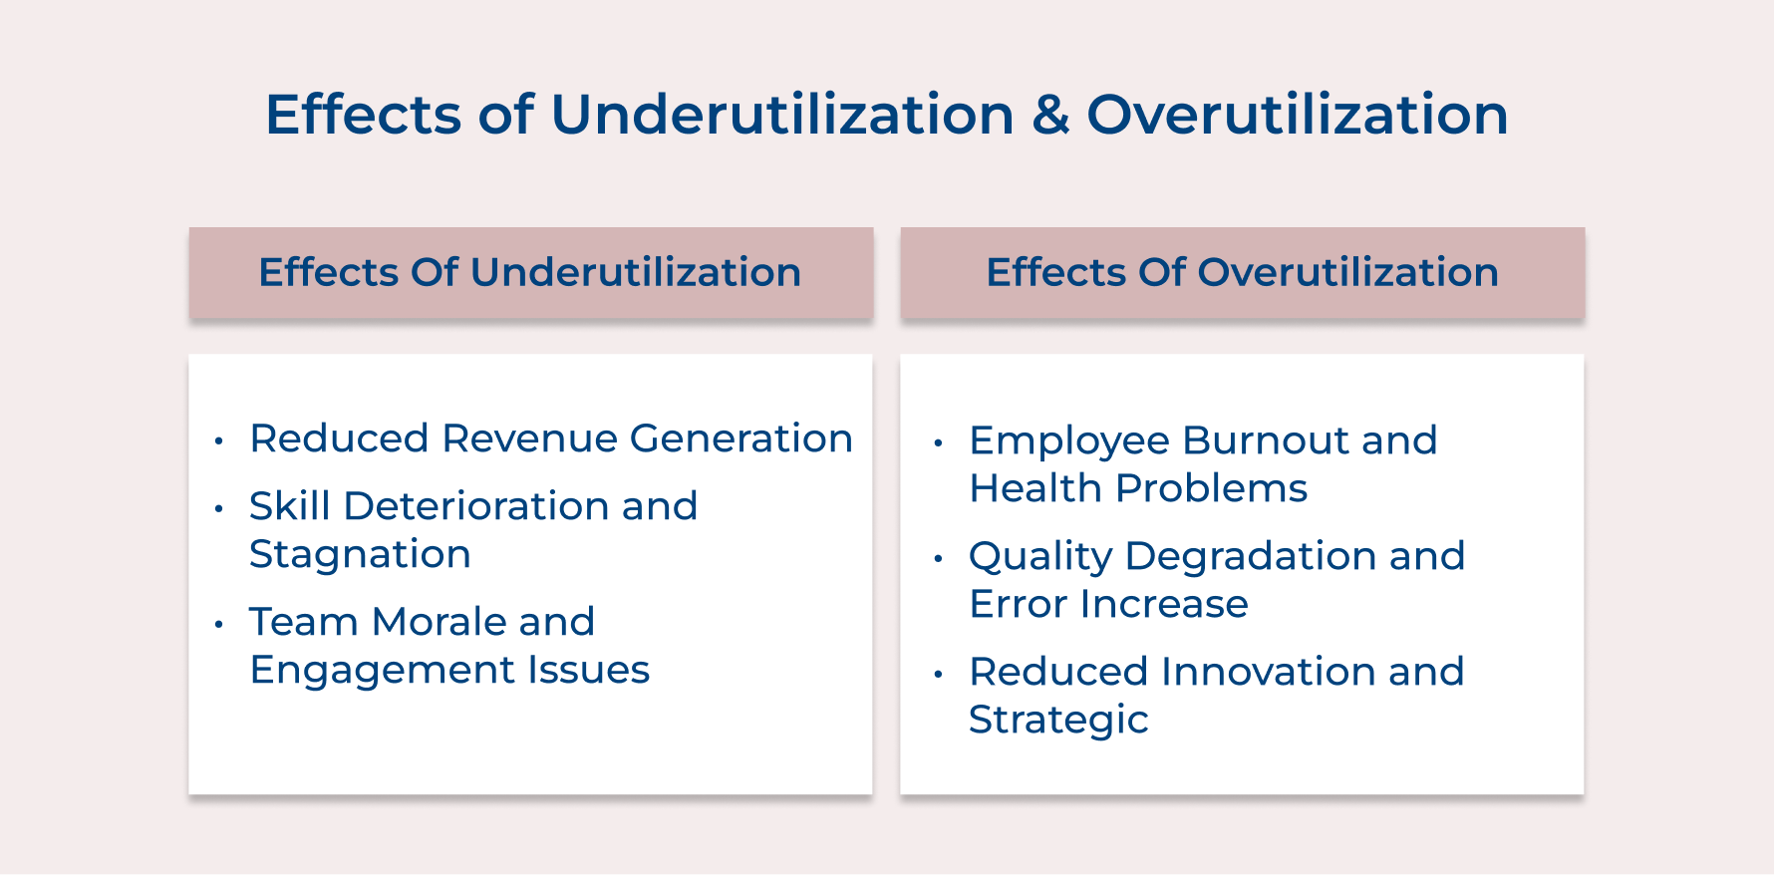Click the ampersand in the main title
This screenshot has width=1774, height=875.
pyautogui.click(x=1050, y=115)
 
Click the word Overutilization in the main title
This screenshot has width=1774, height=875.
pyautogui.click(x=1298, y=115)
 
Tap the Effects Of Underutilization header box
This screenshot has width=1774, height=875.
pyautogui.click(x=530, y=273)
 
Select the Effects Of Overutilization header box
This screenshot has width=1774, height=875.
pyautogui.click(x=1242, y=273)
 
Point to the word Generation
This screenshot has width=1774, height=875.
pyautogui.click(x=740, y=438)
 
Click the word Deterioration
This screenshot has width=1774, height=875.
pyautogui.click(x=476, y=506)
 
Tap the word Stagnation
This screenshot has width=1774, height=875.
pyautogui.click(x=360, y=554)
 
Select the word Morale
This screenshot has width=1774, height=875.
pyautogui.click(x=439, y=622)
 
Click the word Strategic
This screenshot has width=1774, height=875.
pyautogui.click(x=1058, y=720)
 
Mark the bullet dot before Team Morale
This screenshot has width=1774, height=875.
pyautogui.click(x=219, y=625)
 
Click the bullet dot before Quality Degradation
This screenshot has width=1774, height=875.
pyautogui.click(x=938, y=559)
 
